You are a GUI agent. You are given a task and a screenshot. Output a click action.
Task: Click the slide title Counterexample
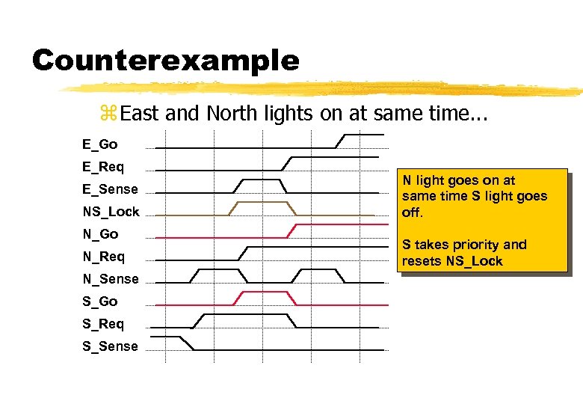[165, 60]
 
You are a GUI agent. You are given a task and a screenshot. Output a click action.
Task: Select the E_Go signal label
[100, 144]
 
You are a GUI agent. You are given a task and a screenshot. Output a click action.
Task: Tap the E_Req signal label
[103, 166]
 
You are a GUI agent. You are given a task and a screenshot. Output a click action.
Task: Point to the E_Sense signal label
[110, 189]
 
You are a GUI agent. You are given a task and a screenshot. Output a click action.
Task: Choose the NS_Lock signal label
[111, 211]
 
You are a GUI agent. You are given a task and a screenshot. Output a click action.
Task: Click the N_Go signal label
[100, 233]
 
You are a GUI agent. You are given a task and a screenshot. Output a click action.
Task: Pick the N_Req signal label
[103, 256]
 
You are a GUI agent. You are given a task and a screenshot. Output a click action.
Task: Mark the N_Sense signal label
[110, 278]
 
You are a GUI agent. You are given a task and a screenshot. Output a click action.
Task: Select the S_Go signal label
[100, 301]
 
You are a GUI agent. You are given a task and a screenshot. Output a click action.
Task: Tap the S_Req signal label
[103, 323]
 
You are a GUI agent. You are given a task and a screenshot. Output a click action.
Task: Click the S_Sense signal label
[110, 346]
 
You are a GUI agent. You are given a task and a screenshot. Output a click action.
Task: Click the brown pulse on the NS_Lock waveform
[262, 203]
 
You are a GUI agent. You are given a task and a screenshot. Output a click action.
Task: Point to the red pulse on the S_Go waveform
[262, 293]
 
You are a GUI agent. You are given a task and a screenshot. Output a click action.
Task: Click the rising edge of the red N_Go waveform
[292, 230]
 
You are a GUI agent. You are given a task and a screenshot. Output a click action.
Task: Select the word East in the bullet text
[140, 114]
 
